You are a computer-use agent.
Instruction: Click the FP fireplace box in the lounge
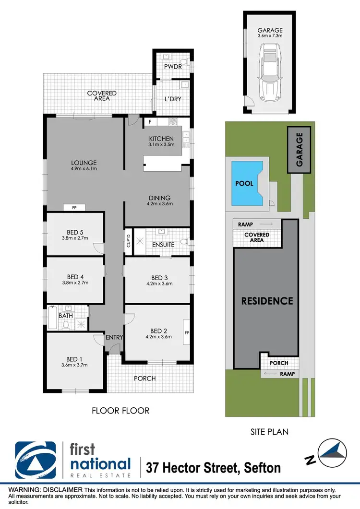[x=74, y=208]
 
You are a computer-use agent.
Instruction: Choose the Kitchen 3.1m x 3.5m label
[x=161, y=142]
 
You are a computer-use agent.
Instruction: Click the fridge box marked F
[x=150, y=122]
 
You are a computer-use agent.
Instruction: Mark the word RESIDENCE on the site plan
[x=267, y=301]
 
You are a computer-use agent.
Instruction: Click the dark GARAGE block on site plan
[x=300, y=150]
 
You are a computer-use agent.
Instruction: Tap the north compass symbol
[x=333, y=453]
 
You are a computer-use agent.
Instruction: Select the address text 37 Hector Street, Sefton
[x=214, y=466]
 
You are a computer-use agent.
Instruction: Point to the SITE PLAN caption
[x=269, y=432]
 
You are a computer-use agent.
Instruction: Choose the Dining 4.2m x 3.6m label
[x=159, y=201]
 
